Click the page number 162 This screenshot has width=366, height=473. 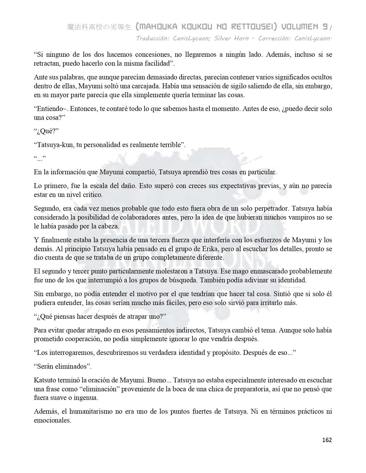click(327, 440)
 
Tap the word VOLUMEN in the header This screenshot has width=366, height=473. click(299, 27)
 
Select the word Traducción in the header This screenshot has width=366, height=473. click(152, 38)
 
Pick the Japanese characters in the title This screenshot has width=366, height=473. click(99, 27)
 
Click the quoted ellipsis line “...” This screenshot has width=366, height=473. click(40, 158)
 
